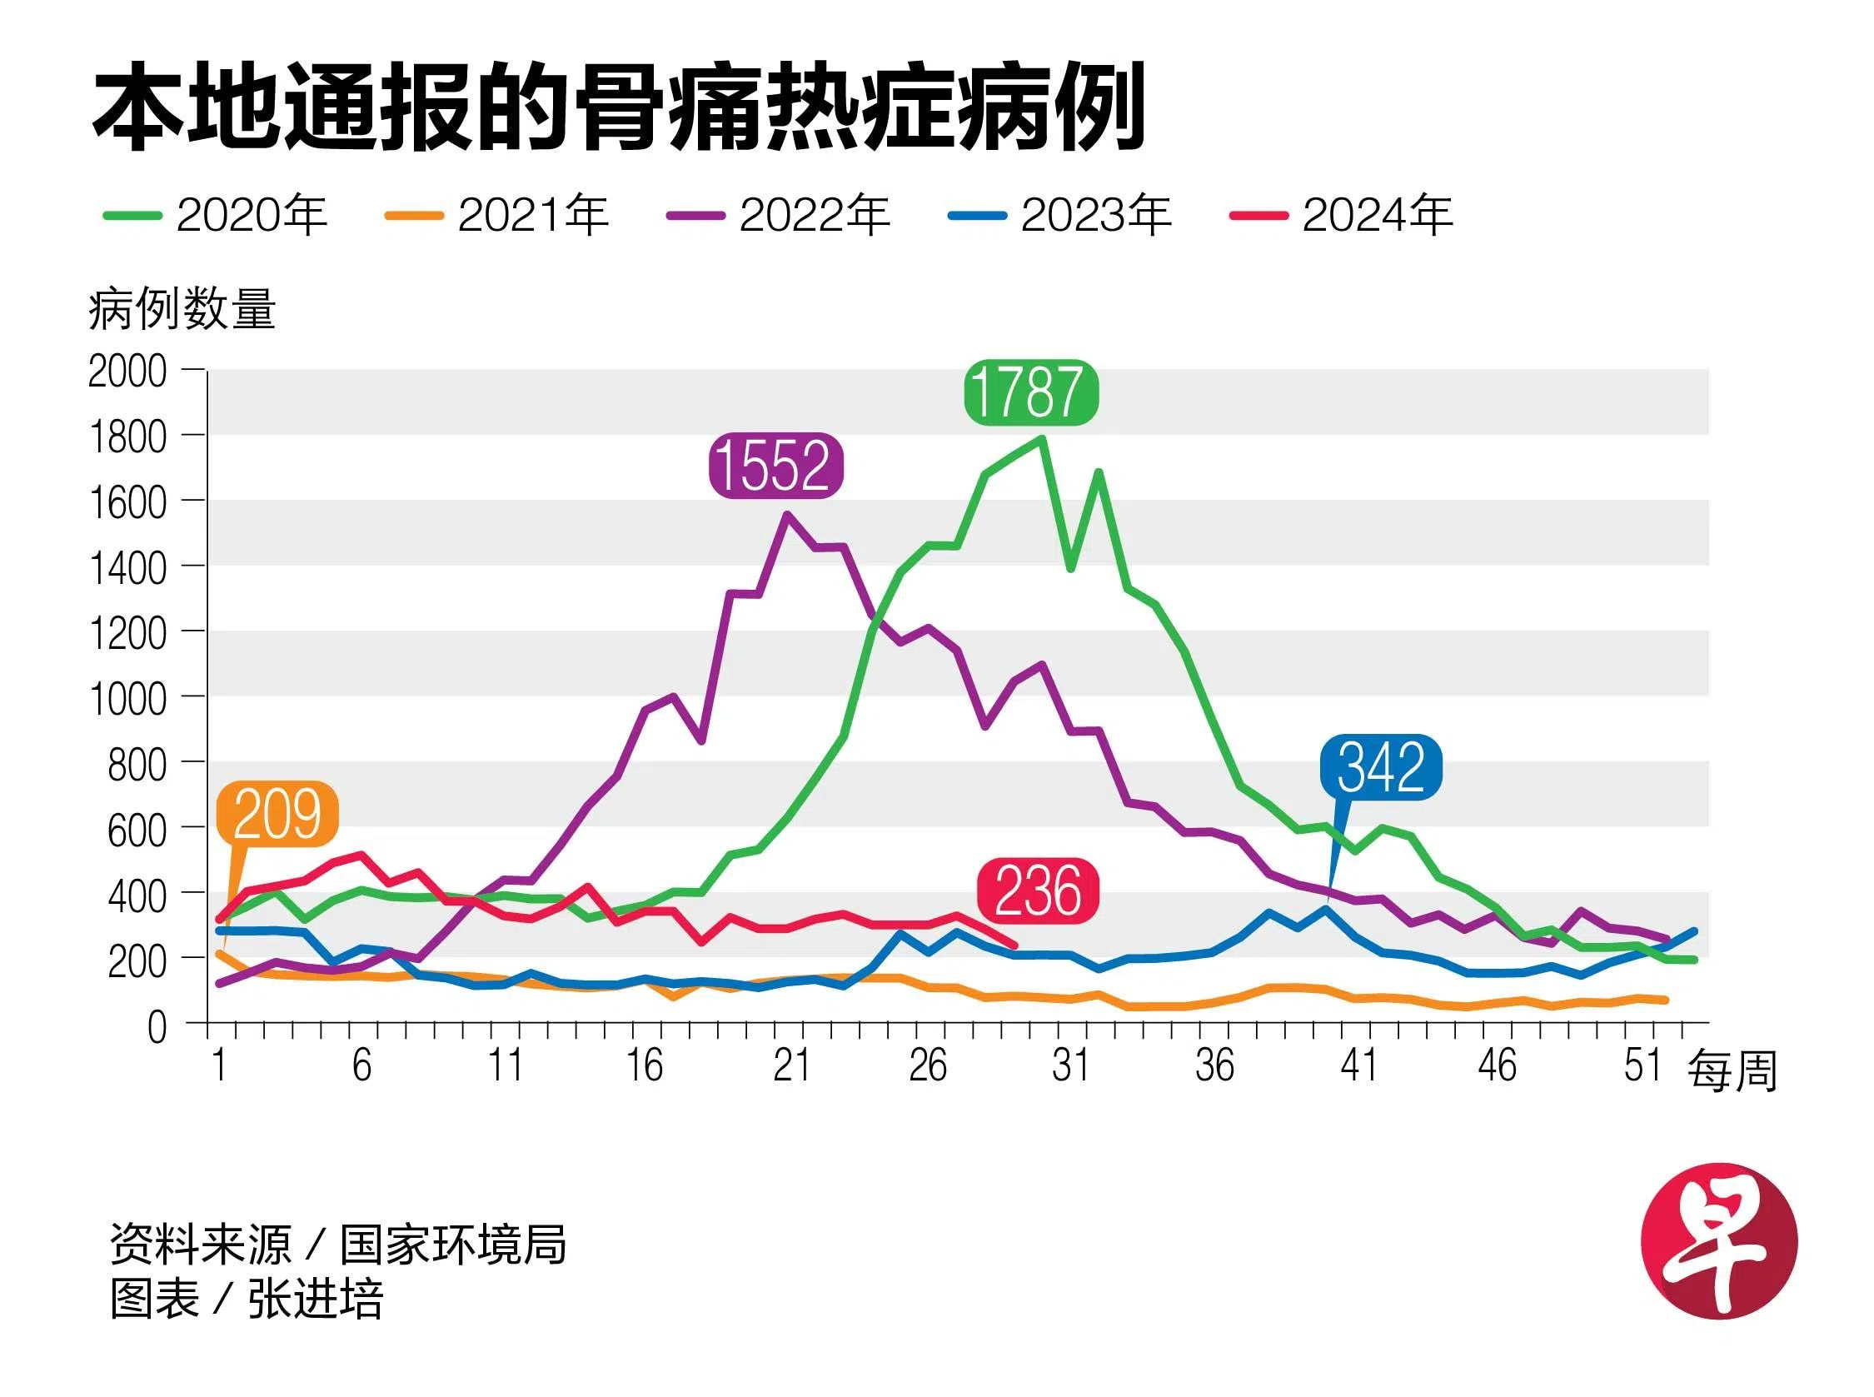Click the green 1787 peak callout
tap(1029, 392)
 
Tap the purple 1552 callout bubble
tap(775, 465)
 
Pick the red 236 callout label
tap(1037, 891)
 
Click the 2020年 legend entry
tap(217, 215)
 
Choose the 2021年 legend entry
tap(497, 215)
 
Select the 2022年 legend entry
tap(779, 215)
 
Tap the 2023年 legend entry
tap(1060, 215)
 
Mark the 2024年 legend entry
tap(1342, 215)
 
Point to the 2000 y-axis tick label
tap(127, 372)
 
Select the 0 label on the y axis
tap(157, 1027)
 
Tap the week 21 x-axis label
tap(790, 1065)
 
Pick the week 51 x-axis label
tap(1642, 1065)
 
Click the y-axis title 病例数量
tap(182, 310)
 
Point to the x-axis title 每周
tap(1732, 1071)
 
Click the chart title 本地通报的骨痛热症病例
tap(618, 107)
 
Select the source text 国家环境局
tap(453, 1244)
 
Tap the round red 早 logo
tap(1718, 1240)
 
